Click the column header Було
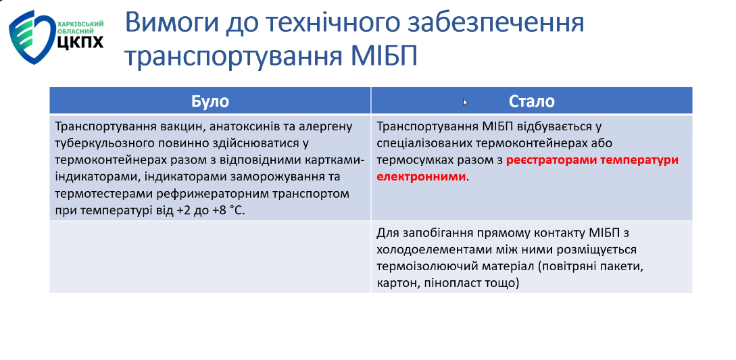[x=210, y=101]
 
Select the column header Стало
[x=532, y=101]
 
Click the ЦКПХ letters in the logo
[x=80, y=42]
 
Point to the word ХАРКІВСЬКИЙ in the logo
[x=80, y=23]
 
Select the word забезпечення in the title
[x=479, y=24]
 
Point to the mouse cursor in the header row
[x=465, y=102]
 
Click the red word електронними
[x=422, y=177]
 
